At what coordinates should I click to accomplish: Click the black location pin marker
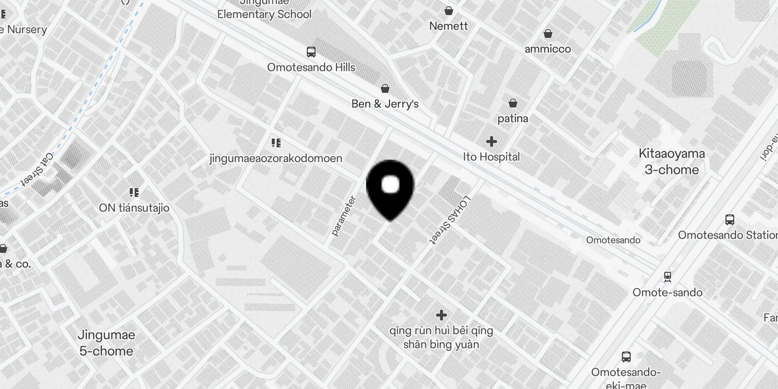pos(390,187)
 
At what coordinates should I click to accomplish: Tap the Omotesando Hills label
pos(311,68)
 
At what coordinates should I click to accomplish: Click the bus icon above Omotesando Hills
pos(311,52)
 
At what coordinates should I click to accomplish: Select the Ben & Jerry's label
pos(385,104)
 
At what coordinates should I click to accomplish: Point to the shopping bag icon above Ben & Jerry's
pos(385,88)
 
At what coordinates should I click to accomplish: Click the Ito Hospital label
pos(491,157)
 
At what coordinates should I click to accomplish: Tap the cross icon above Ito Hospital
pos(492,141)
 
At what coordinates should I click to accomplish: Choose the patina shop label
pos(513,118)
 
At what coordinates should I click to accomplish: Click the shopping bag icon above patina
pos(513,103)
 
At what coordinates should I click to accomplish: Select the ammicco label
pos(548,49)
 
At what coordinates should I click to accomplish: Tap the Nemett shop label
pos(448,26)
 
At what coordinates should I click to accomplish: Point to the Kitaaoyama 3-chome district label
pos(672,161)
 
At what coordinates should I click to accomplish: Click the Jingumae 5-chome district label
pos(106,343)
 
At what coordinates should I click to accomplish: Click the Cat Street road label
pos(37,170)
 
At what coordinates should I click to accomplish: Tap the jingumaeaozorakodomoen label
pos(276,158)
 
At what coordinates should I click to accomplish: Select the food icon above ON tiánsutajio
pos(134,193)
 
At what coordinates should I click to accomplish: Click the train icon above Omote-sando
pos(668,277)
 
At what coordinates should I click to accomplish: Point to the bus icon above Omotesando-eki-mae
pos(626,356)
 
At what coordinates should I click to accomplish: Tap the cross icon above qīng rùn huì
pos(441,315)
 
